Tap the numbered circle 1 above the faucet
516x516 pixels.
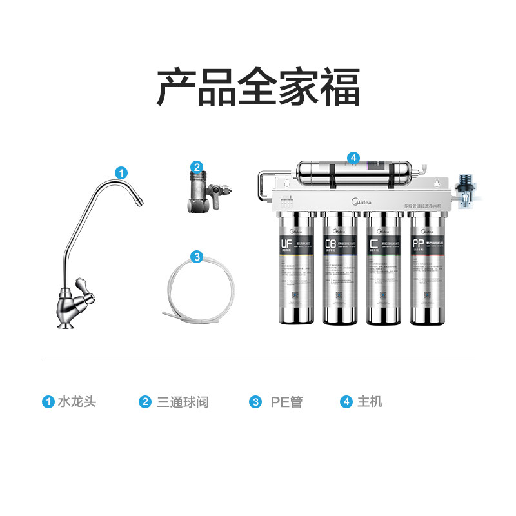(x=121, y=172)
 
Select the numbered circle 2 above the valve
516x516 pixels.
(x=197, y=166)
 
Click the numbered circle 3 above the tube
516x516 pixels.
(x=197, y=256)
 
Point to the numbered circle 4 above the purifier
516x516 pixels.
(x=353, y=157)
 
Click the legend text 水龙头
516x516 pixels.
(x=76, y=402)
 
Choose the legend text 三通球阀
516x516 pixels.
(x=183, y=402)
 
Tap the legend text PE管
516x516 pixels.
(x=286, y=402)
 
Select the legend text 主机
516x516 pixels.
(x=370, y=402)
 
